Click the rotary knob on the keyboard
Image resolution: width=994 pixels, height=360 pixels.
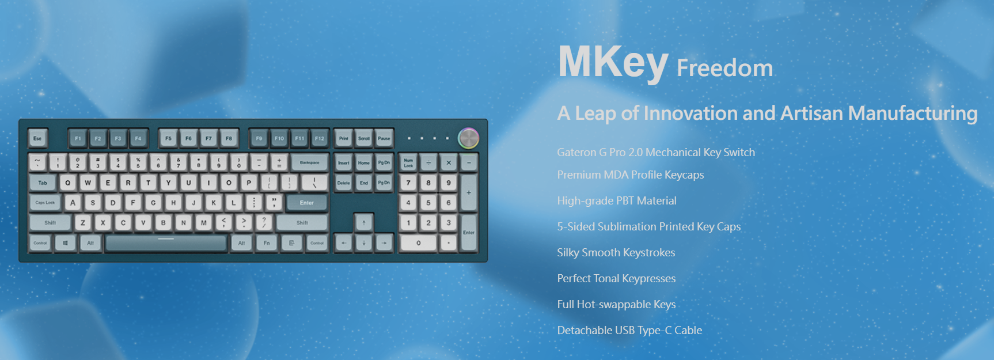468,138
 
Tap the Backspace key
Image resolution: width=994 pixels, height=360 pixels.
309,162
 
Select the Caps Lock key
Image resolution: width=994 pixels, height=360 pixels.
45,203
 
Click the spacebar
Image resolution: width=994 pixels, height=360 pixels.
166,243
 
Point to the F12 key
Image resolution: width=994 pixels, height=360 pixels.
319,138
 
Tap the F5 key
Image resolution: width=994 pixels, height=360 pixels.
168,138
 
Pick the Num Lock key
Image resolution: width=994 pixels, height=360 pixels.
408,163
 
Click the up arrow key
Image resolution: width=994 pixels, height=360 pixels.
364,223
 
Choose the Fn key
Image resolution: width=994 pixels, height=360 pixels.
267,243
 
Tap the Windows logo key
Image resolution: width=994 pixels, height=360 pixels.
65,243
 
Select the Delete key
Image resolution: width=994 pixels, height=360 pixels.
344,183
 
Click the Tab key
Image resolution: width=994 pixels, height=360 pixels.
43,183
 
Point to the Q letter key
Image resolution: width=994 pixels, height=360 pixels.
68,183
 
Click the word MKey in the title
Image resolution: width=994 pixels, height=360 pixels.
613,63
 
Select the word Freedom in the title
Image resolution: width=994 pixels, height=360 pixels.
724,68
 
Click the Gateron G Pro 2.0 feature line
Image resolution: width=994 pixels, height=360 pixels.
656,152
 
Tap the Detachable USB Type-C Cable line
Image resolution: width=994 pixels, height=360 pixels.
629,330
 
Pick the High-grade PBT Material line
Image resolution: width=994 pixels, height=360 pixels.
617,200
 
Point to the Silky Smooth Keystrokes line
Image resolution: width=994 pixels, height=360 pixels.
616,252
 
